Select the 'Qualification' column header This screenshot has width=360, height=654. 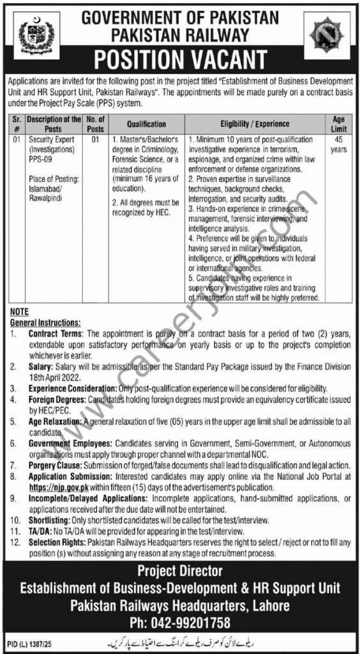pyautogui.click(x=146, y=124)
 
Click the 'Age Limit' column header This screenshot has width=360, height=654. pyautogui.click(x=339, y=123)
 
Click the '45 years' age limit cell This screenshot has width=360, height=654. pyautogui.click(x=339, y=144)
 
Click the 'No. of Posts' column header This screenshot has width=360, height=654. pyautogui.click(x=94, y=123)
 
